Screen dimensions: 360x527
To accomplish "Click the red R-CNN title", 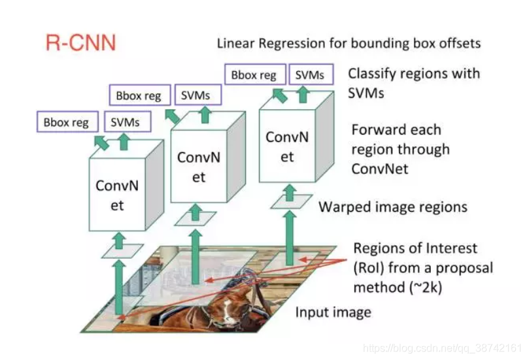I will pyautogui.click(x=80, y=43).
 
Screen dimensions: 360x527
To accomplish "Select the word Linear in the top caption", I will pyautogui.click(x=236, y=44).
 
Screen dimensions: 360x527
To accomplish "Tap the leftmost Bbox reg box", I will pyautogui.click(x=66, y=122).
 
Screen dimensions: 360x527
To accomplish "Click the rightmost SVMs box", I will pyautogui.click(x=309, y=74).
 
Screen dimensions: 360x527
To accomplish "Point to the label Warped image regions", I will pyautogui.click(x=392, y=207).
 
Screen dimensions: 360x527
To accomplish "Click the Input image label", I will pyautogui.click(x=333, y=312).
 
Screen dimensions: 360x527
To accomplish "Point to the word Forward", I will pyautogui.click(x=377, y=129).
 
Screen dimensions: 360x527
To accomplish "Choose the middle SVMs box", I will pyautogui.click(x=196, y=95).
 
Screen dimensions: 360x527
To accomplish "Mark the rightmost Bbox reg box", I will pyautogui.click(x=253, y=74).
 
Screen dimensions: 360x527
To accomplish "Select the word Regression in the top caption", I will pyautogui.click(x=294, y=44).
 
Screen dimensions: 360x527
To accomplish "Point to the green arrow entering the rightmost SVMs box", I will pyautogui.click(x=302, y=95).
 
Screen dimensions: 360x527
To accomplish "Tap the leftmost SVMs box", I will pyautogui.click(x=124, y=122).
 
